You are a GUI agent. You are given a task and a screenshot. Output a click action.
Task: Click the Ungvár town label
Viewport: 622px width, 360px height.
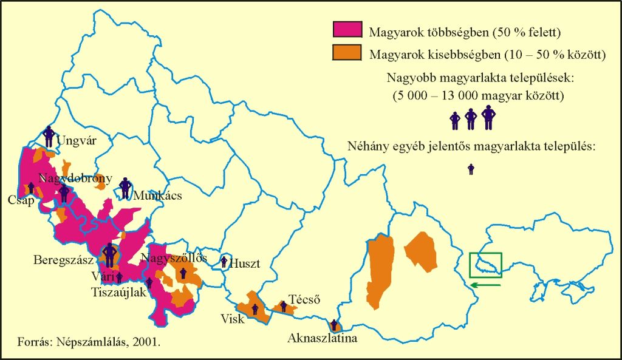tap(76, 141)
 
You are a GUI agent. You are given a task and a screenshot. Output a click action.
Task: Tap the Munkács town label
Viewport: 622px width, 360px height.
tap(157, 196)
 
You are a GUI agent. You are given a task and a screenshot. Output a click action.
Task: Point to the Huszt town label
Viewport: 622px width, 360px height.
tap(246, 264)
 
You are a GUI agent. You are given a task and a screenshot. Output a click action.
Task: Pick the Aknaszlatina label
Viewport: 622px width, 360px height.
tap(323, 339)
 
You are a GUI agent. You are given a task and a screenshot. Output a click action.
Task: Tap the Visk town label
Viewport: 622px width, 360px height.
tap(233, 319)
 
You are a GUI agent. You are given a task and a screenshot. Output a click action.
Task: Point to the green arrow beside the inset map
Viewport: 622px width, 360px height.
tap(485, 282)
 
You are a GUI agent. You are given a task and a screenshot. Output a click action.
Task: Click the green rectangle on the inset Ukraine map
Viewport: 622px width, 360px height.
tap(485, 264)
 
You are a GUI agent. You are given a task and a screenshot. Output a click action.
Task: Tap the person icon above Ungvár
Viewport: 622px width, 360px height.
tap(49, 135)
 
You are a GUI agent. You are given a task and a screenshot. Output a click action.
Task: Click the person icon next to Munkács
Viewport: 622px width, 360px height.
tap(125, 188)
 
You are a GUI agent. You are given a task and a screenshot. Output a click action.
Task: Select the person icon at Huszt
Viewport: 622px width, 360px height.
tap(225, 262)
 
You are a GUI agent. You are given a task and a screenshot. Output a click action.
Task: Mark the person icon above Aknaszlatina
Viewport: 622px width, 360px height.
tap(333, 325)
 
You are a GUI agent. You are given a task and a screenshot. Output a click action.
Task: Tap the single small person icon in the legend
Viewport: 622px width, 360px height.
tap(471, 169)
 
